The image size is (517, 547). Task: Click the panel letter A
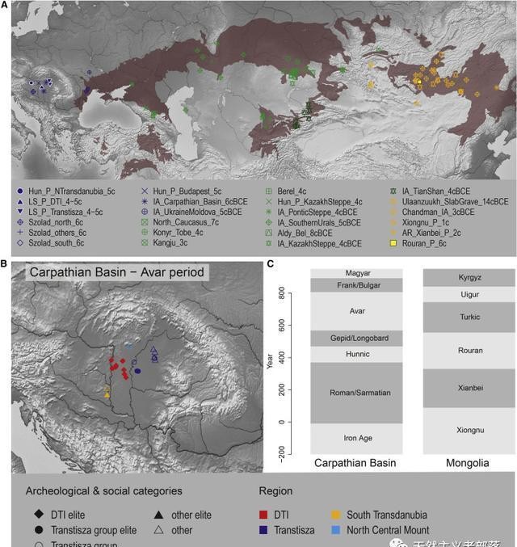4,5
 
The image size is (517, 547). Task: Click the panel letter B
4,263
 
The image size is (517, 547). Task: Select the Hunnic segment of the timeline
345,354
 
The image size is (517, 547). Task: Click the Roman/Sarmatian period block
345,393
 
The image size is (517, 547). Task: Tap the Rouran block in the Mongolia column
469,351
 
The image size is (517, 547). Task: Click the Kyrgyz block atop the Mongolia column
469,277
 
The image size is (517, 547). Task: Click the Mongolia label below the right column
469,464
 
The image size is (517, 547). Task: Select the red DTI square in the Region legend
263,515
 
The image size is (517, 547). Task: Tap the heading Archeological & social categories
103,490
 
